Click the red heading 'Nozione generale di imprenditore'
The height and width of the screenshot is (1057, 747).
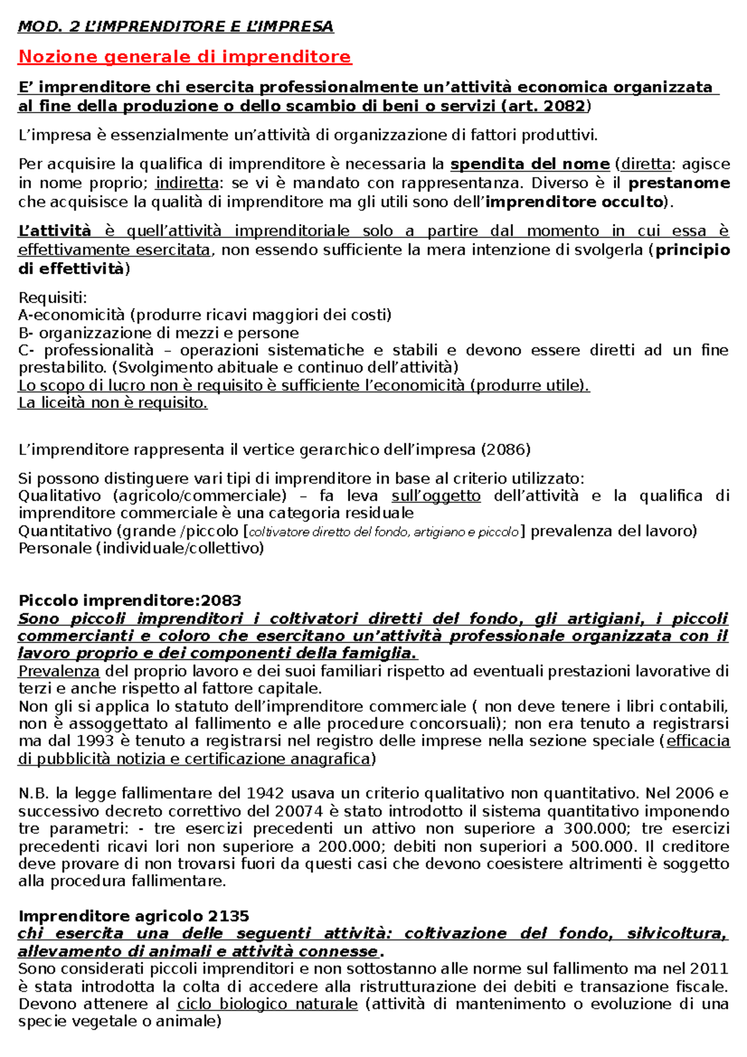click(x=185, y=57)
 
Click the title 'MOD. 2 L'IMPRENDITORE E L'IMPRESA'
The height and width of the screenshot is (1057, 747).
click(x=176, y=26)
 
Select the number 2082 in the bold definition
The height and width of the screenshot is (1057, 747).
click(x=565, y=106)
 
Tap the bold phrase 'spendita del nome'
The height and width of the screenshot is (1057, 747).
click(x=530, y=164)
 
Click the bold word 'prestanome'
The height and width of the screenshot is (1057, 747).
click(x=679, y=183)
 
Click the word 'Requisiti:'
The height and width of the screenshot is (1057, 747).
click(x=53, y=297)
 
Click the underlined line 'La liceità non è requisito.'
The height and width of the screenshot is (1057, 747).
click(x=113, y=403)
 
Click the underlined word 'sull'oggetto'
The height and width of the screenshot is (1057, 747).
click(x=436, y=496)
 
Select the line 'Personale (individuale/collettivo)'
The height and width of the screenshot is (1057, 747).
click(x=141, y=548)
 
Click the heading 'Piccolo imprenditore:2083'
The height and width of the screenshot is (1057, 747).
click(x=129, y=601)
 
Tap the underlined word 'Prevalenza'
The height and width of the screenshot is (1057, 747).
click(x=59, y=671)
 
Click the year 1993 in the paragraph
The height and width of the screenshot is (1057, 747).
click(x=95, y=741)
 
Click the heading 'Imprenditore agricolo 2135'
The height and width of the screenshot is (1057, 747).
click(x=134, y=916)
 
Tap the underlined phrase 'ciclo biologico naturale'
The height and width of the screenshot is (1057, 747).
click(x=267, y=1004)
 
